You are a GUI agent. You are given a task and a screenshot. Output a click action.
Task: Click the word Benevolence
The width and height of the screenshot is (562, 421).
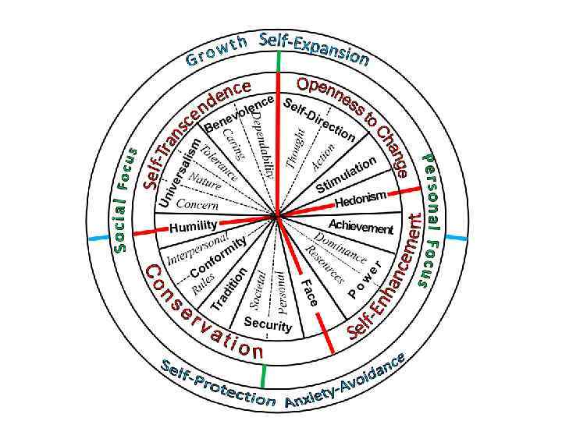point(237,114)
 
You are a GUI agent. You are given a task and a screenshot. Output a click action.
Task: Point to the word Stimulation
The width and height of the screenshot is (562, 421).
point(347,175)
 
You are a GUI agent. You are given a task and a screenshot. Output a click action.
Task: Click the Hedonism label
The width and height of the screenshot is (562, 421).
point(361,200)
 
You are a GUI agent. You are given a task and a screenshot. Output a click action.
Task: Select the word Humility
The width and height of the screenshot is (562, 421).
point(193,226)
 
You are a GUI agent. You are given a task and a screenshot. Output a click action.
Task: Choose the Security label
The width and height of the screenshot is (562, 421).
point(268,324)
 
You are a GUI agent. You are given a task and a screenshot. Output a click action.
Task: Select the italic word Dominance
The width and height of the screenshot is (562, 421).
point(340,246)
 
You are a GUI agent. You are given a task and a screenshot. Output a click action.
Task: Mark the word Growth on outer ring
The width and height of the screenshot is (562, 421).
point(216,49)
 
